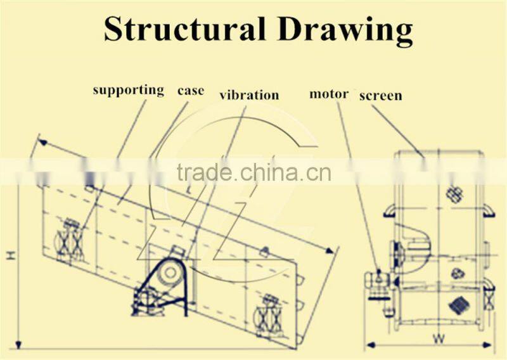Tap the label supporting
(x=128, y=90)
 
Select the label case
(x=190, y=90)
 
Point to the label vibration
(x=249, y=96)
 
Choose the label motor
(x=328, y=94)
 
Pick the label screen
(x=380, y=96)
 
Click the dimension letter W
(x=438, y=338)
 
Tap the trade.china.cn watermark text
(x=253, y=172)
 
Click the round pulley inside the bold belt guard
(x=169, y=272)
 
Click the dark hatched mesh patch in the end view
(x=458, y=305)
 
